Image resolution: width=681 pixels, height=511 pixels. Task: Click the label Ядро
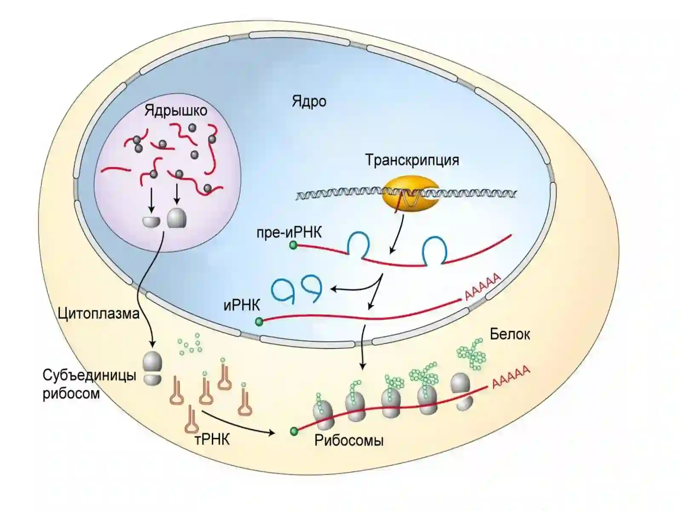(309, 101)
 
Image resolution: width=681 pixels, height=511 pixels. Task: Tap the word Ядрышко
(176, 111)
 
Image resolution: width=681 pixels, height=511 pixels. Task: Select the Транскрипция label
(412, 160)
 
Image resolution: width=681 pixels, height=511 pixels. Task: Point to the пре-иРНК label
(289, 233)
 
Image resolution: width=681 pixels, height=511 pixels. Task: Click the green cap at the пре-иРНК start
(293, 245)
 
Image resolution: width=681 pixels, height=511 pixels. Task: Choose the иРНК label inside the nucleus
(241, 306)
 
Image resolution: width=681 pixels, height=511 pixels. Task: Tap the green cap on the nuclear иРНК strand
(259, 322)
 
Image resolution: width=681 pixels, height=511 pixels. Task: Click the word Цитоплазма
(99, 314)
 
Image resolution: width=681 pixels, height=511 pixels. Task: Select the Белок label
(510, 334)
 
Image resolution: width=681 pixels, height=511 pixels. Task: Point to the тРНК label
(212, 439)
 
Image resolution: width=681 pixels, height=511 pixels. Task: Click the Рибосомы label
(349, 440)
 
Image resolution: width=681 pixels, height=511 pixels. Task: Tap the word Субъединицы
(89, 376)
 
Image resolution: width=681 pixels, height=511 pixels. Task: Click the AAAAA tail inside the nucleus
(482, 287)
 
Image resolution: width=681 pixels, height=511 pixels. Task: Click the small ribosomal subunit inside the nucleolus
(151, 221)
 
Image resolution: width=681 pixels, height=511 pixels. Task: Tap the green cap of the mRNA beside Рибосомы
(294, 431)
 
